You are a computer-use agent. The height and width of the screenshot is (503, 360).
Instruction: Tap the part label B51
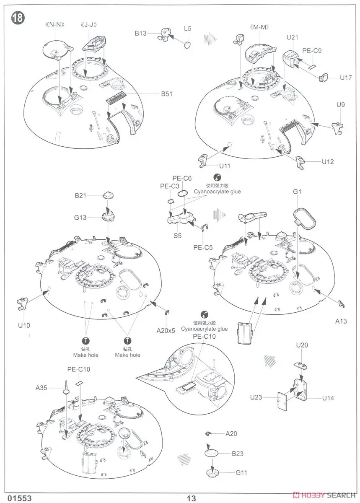point(166,94)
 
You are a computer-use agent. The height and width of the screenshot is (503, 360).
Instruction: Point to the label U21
point(293,38)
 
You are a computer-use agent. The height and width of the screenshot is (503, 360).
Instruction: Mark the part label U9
point(341,105)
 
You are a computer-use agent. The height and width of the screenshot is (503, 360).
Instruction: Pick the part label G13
point(81,217)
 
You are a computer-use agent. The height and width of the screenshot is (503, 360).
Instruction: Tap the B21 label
point(81,195)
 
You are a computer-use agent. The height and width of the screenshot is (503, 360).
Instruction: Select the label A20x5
point(166,330)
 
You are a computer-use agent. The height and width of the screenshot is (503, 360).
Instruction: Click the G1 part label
point(298,192)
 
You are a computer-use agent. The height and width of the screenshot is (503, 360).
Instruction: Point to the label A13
point(341,321)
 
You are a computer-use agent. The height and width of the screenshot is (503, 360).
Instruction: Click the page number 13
point(191,498)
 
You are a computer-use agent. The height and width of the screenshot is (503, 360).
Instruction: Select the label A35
point(42,388)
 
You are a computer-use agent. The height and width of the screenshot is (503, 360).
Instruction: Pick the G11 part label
point(241,472)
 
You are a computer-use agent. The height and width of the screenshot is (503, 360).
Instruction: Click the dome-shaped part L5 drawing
point(188,44)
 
